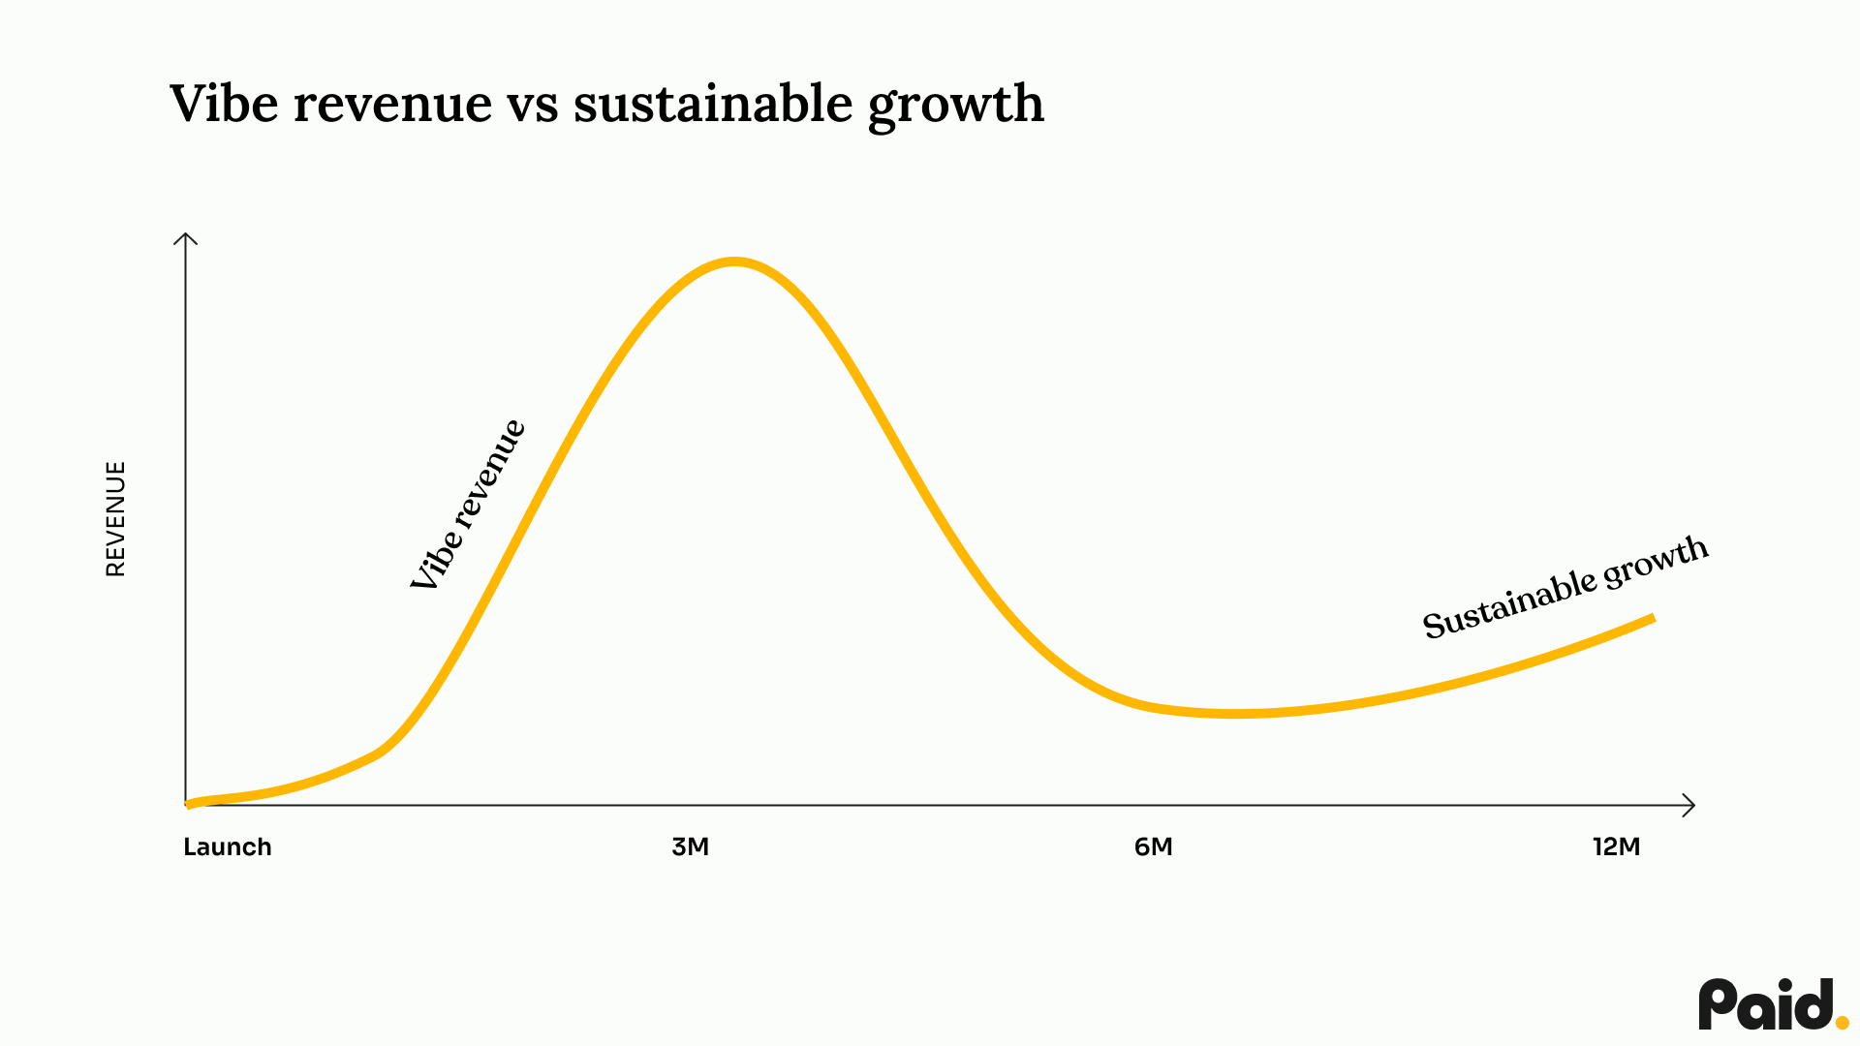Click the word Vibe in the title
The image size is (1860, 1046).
[x=224, y=104]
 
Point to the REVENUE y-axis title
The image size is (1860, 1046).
[x=115, y=519]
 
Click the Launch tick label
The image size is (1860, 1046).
[x=228, y=846]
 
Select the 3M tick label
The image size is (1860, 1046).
[x=691, y=846]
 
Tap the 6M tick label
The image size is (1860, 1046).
[x=1153, y=846]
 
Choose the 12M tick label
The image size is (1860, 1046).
[x=1616, y=846]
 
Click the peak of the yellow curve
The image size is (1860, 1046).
[x=734, y=261]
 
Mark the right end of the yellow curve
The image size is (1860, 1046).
[x=1653, y=618]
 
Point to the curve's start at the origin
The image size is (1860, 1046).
[x=189, y=803]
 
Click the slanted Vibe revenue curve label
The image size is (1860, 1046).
[x=468, y=506]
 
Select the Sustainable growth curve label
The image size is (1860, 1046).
[x=1564, y=587]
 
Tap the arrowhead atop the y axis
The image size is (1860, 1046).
[x=185, y=237]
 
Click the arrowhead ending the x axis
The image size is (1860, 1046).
[x=1689, y=805]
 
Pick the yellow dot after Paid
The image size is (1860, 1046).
[x=1842, y=1022]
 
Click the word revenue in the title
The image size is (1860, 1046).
[x=392, y=104]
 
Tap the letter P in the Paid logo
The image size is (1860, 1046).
[x=1718, y=1005]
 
